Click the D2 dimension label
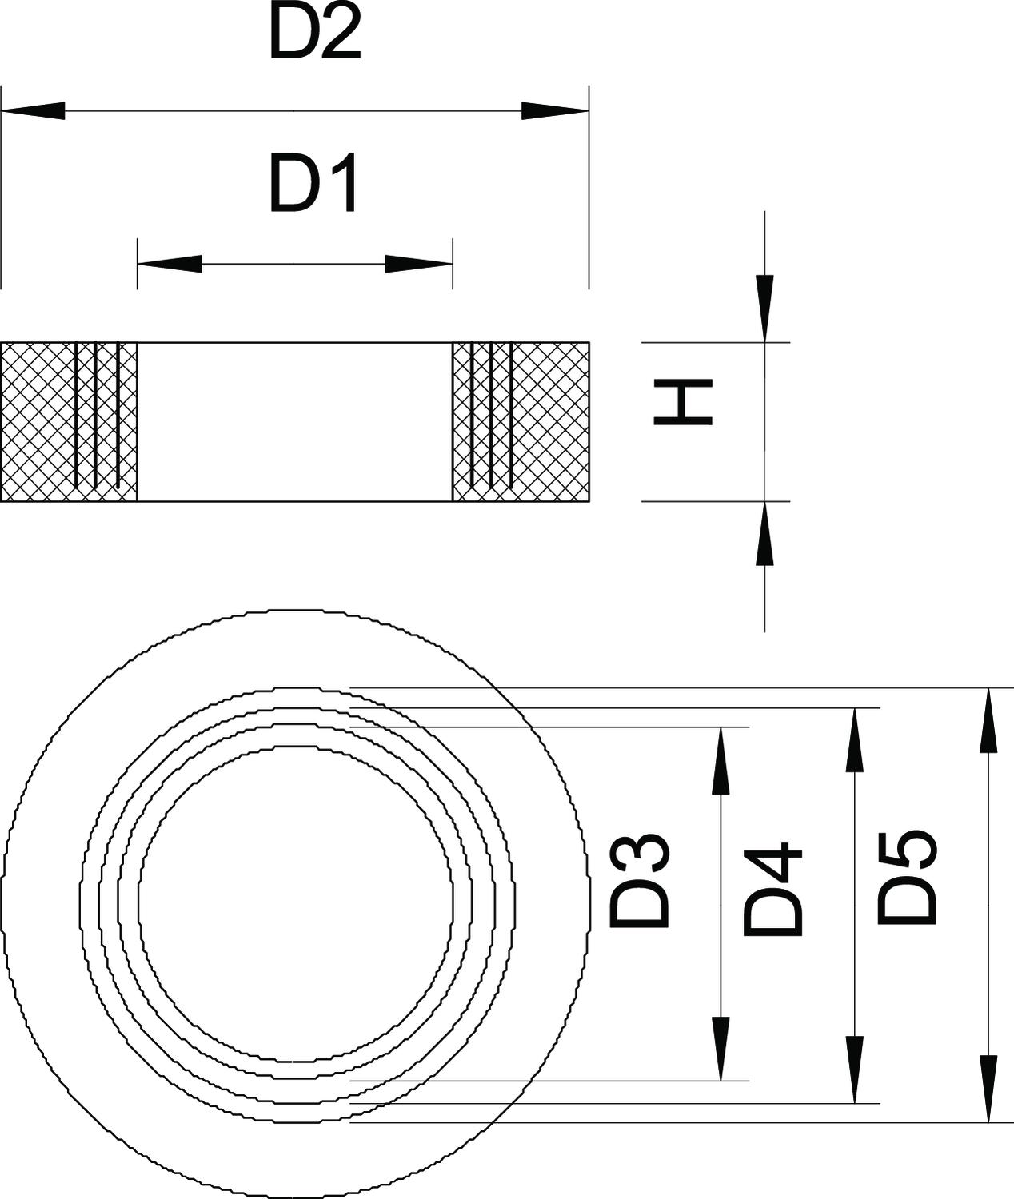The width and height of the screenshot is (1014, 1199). (x=314, y=36)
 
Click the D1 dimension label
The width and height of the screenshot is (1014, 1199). (x=313, y=185)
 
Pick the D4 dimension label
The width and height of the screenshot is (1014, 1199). (x=772, y=888)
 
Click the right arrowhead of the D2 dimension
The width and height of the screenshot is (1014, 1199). (x=555, y=110)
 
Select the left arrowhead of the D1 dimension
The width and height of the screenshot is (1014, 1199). (x=170, y=264)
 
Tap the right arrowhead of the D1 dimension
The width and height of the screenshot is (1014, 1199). (x=419, y=264)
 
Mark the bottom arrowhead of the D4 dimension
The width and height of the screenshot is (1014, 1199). (x=855, y=1070)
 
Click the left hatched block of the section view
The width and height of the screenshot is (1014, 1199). (x=69, y=422)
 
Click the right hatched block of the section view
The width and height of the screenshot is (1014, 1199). (x=521, y=422)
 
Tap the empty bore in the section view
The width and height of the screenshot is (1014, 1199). (x=294, y=422)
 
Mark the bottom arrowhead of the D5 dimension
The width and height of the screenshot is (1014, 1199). (x=989, y=1089)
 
